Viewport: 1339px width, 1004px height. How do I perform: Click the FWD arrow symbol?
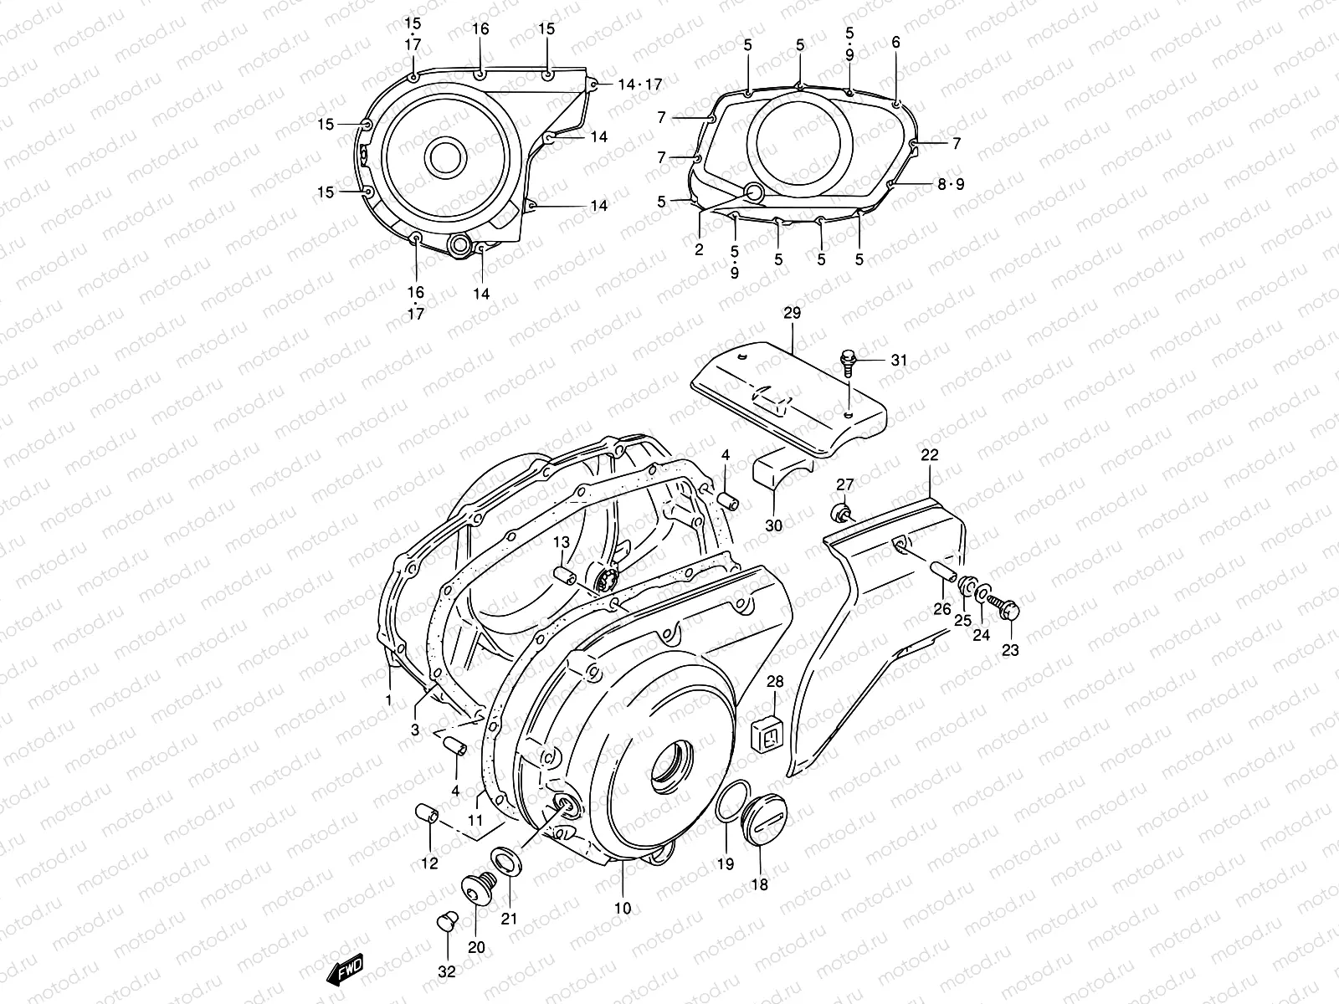point(345,970)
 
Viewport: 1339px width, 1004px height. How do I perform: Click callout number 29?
point(792,314)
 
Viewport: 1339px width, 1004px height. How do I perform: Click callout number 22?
point(930,456)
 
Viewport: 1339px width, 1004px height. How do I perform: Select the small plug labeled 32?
point(447,921)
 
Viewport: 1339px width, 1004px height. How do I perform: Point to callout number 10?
point(623,909)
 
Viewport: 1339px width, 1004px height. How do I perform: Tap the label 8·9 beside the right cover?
point(951,184)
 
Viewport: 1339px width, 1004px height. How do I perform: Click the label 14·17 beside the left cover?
point(639,85)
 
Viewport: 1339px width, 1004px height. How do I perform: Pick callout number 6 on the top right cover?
point(895,43)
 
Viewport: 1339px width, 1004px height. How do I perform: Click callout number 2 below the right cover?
point(699,249)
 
